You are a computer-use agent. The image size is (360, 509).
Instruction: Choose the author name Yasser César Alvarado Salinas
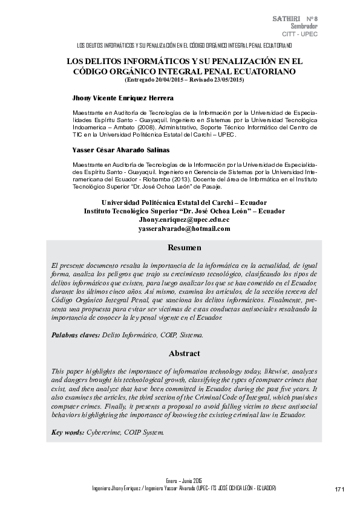click(121, 149)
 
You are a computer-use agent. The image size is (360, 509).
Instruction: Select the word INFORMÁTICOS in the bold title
click(151, 61)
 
